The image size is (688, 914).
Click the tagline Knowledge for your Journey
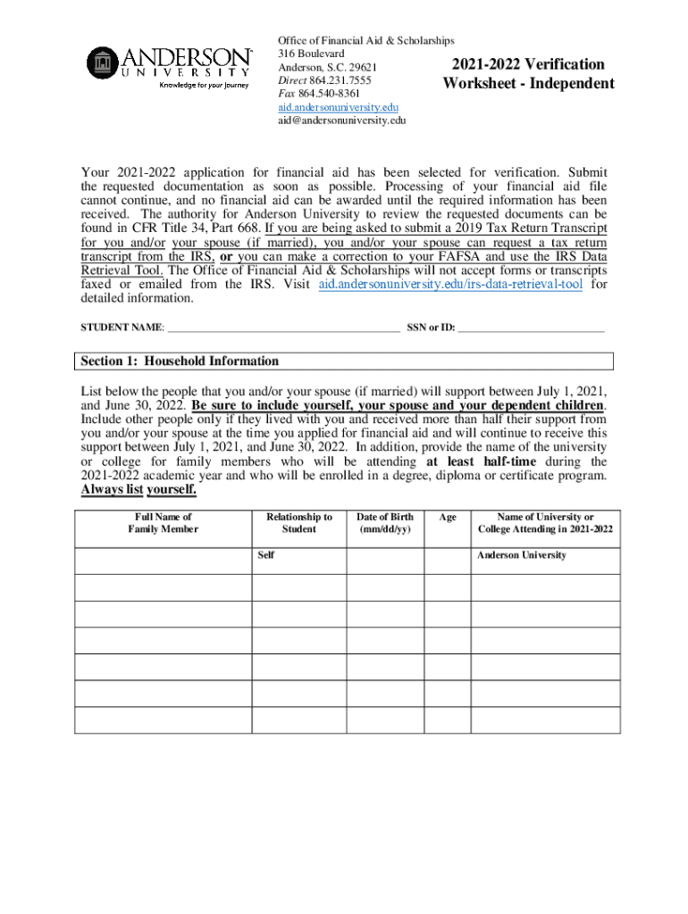click(x=205, y=86)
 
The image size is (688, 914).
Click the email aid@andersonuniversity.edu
click(x=341, y=120)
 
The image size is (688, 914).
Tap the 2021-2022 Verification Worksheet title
click(x=528, y=74)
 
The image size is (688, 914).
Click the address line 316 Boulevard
click(x=311, y=54)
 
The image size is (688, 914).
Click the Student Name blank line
click(x=283, y=328)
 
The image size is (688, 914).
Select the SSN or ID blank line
click(x=533, y=328)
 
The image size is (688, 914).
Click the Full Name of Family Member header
click(x=164, y=523)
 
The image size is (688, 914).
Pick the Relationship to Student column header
click(x=298, y=523)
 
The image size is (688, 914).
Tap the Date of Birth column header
click(x=384, y=523)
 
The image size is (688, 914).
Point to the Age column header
click(x=448, y=517)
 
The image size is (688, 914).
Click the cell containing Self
click(x=298, y=560)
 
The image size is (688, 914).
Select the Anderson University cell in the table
click(x=545, y=560)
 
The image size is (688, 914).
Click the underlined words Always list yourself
click(x=138, y=490)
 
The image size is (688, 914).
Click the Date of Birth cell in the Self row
click(x=384, y=560)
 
